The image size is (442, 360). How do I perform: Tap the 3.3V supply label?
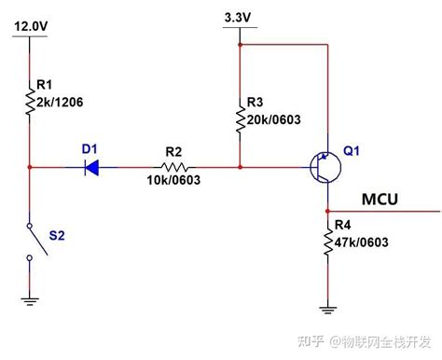click(x=240, y=18)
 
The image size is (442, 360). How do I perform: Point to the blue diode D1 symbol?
click(x=91, y=168)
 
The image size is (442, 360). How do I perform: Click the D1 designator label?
click(x=89, y=147)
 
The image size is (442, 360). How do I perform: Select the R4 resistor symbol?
click(x=327, y=245)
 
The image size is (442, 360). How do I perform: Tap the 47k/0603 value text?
click(x=361, y=243)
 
